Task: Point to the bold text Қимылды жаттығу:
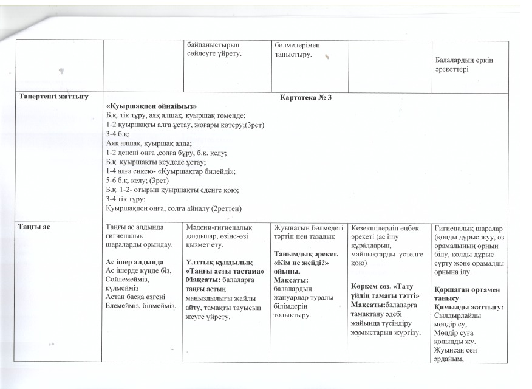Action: (474, 308)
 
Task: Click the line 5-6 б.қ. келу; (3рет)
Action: (137, 182)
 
